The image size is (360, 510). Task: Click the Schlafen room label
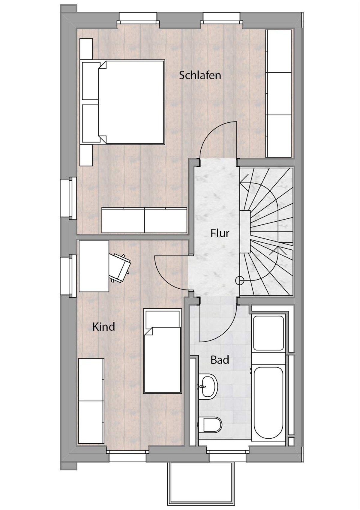(200, 75)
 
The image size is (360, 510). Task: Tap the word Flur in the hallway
(220, 233)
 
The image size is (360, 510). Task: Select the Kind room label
(103, 327)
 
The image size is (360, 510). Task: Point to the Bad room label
(220, 360)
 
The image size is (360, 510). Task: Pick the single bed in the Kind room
(162, 351)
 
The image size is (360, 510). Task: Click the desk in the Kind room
(94, 266)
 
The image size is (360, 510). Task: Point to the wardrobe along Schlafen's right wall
(279, 94)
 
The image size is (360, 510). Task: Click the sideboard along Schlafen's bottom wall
(144, 220)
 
